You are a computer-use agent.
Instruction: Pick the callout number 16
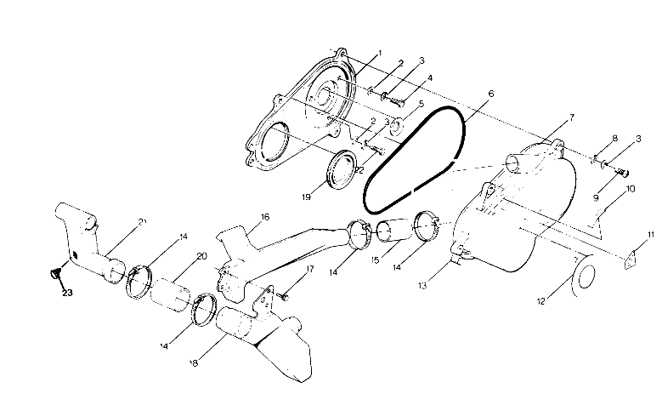pyautogui.click(x=265, y=217)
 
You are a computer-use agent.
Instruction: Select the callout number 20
pyautogui.click(x=201, y=256)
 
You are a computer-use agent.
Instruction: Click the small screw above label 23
pyautogui.click(x=55, y=274)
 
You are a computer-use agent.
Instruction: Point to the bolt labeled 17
pyautogui.click(x=283, y=294)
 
